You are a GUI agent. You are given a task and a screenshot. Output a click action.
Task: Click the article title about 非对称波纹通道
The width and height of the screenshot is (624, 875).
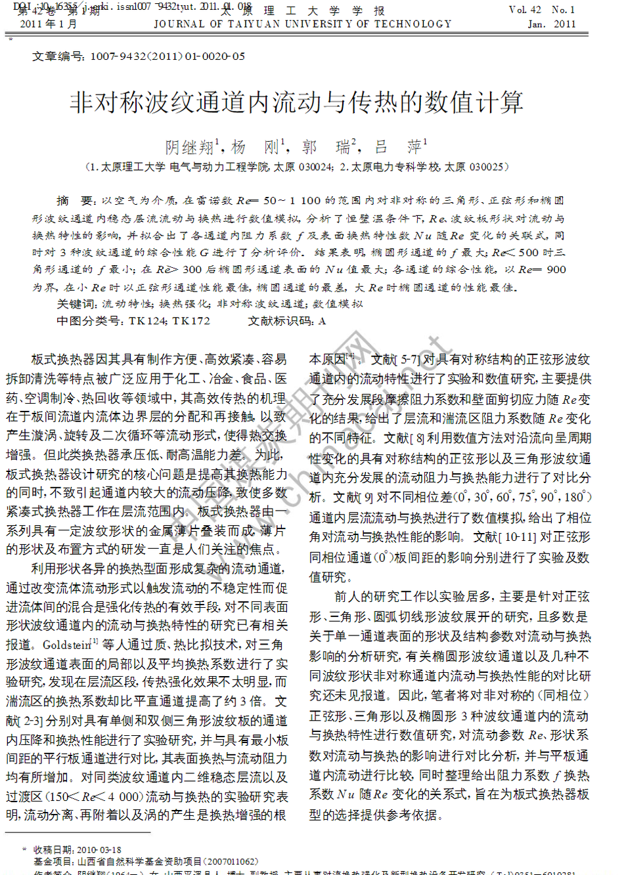click(296, 102)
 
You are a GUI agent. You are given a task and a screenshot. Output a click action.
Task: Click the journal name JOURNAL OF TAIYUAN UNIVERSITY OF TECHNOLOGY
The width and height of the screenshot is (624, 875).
click(303, 24)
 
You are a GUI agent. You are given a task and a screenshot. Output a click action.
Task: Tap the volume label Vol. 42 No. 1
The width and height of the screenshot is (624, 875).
click(542, 9)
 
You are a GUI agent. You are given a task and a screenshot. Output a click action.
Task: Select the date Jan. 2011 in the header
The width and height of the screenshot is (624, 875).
click(551, 24)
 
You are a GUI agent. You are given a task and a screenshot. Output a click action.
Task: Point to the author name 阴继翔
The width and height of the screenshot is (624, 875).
click(189, 147)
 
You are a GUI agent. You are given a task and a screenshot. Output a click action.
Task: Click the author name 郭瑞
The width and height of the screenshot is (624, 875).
click(326, 147)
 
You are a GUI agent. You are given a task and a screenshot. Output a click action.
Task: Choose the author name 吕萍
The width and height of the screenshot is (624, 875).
click(398, 147)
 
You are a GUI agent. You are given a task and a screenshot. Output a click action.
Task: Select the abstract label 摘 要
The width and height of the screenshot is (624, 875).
click(76, 201)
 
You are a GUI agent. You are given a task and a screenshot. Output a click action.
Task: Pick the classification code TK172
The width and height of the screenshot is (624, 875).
click(191, 321)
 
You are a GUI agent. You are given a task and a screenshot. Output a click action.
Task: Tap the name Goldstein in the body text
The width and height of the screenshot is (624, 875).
click(66, 645)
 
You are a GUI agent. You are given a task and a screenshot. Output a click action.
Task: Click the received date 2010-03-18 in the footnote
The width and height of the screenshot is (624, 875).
click(99, 849)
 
